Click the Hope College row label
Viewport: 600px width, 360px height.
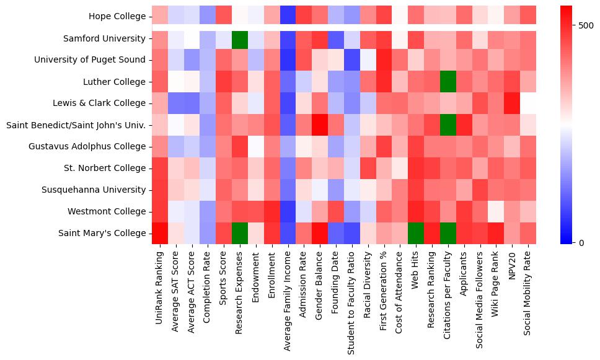(x=117, y=16)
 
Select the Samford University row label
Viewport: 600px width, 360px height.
(x=105, y=38)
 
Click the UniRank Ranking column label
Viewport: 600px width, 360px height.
(x=160, y=291)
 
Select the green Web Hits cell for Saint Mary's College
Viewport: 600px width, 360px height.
(x=415, y=233)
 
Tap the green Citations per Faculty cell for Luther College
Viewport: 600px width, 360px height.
(x=447, y=82)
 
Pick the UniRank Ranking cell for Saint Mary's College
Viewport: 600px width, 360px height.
(x=160, y=233)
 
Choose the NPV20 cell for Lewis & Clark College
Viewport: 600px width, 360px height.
(x=511, y=103)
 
